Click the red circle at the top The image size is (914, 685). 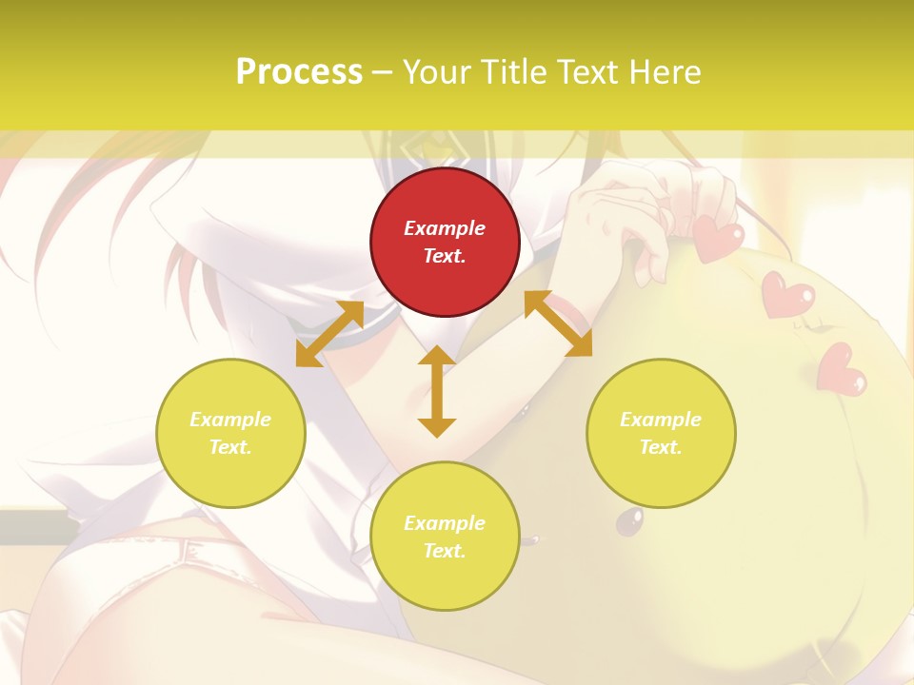coord(445,242)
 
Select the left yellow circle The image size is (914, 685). coord(230,433)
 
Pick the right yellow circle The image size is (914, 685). coord(661,433)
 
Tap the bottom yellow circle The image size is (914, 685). coord(445,537)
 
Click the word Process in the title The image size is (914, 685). coord(299,72)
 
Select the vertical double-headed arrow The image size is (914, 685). coord(437,391)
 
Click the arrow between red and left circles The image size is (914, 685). coord(329,334)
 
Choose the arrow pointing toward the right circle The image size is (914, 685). coord(558,323)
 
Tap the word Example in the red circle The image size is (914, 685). coord(445,228)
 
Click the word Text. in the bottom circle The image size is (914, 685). coord(445,551)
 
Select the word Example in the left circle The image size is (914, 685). coord(230,420)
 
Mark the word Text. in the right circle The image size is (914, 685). coord(661,447)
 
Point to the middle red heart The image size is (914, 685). coord(787,295)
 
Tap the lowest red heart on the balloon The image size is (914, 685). coord(841,369)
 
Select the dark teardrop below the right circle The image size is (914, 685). coord(629,520)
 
